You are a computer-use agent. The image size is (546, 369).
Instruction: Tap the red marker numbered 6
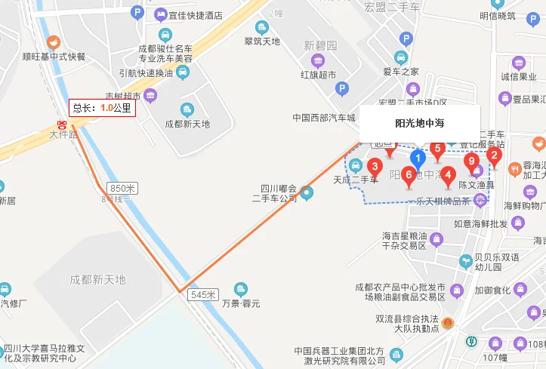[x=409, y=177]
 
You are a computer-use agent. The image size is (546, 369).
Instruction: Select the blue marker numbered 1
[x=416, y=158]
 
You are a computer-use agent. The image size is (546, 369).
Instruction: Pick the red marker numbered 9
[x=472, y=162]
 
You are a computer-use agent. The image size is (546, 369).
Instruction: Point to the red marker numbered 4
[x=448, y=176]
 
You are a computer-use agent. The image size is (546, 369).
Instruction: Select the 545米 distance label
[x=203, y=294]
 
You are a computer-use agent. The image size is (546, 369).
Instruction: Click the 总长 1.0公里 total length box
[x=102, y=108]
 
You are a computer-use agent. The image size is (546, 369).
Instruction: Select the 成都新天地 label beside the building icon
[x=187, y=124]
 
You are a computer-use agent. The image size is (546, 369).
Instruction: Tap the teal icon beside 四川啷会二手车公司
[x=307, y=193]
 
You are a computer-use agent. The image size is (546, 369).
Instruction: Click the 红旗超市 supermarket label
[x=317, y=74]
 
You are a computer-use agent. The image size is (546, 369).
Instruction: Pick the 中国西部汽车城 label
[x=324, y=117]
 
